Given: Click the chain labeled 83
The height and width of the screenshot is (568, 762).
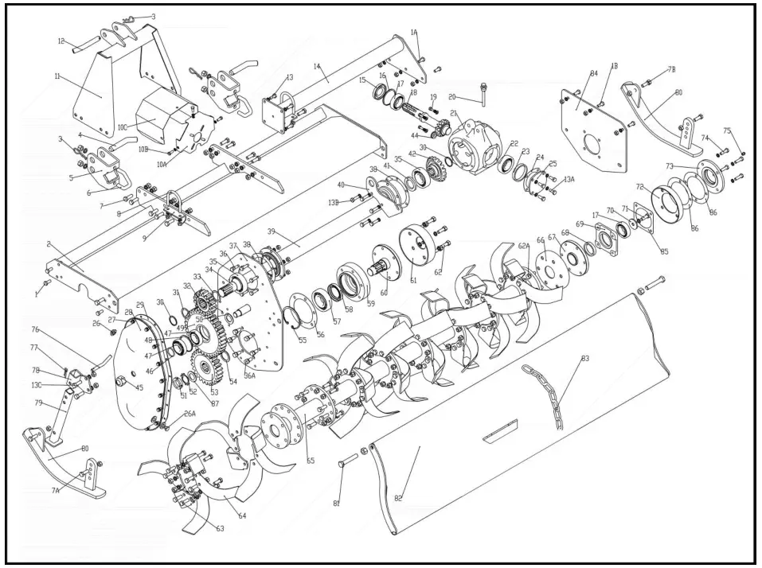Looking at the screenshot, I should [x=549, y=394].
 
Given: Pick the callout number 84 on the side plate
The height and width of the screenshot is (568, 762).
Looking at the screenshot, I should [x=593, y=74].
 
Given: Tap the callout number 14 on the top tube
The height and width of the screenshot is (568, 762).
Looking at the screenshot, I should [x=316, y=67].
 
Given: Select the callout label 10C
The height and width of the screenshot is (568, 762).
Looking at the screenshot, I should [x=123, y=126].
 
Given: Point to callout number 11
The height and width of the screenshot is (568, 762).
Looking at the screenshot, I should [x=57, y=76].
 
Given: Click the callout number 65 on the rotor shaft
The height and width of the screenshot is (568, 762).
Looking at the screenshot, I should [x=310, y=460].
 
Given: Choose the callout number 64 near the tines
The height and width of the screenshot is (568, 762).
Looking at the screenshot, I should [x=242, y=516].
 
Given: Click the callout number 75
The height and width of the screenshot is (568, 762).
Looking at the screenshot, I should [x=726, y=130].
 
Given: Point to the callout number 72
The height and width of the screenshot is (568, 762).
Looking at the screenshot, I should [x=639, y=186].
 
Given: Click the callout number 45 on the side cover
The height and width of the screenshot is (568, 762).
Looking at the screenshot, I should [x=139, y=388].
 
